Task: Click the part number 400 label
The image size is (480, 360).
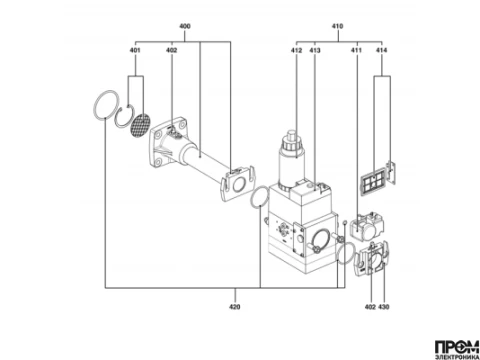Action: point(185,26)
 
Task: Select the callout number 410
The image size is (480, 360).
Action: point(337,26)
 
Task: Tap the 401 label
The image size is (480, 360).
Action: point(135,50)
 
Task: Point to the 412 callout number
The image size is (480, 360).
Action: point(296,50)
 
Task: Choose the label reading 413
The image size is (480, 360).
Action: point(315,50)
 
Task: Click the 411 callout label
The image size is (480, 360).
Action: point(356,50)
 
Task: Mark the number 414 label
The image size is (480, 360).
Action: point(382,50)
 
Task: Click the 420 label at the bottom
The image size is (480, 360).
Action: point(235,307)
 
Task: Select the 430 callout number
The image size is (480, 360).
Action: point(384,307)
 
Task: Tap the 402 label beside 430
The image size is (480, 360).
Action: point(370,307)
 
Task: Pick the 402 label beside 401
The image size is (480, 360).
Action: point(172,50)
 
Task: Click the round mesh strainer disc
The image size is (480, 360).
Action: point(140,125)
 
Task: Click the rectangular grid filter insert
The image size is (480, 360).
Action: point(373,181)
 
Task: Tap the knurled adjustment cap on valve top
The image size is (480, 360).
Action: point(292,143)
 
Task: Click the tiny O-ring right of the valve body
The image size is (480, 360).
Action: point(345,223)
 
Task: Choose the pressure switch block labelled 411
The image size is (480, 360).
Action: point(366,228)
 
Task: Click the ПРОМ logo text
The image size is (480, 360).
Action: point(457,347)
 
